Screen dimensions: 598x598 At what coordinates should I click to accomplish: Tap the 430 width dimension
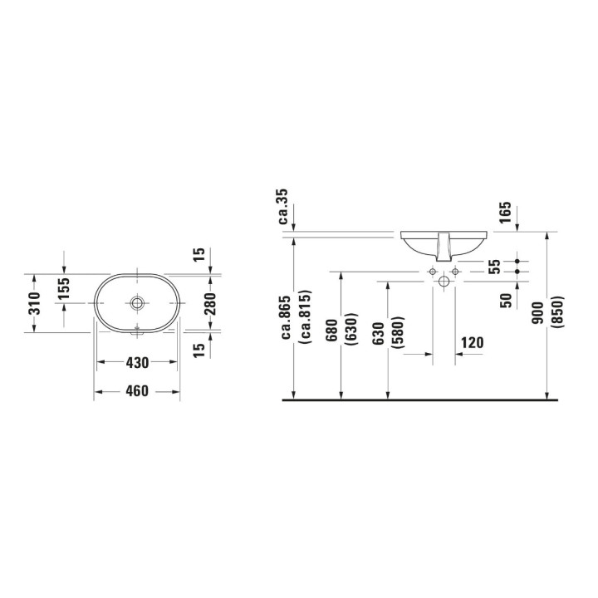pyautogui.click(x=137, y=363)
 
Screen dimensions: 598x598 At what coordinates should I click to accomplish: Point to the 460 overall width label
pyautogui.click(x=137, y=391)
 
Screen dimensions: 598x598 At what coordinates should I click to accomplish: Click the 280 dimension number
pyautogui.click(x=211, y=302)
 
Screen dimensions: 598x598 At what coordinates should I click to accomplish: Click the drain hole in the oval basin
pyautogui.click(x=138, y=303)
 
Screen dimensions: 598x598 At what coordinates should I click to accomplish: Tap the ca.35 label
pyautogui.click(x=283, y=207)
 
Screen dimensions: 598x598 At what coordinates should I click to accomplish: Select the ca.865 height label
pyautogui.click(x=285, y=317)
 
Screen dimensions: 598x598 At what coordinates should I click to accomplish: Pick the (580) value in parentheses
pyautogui.click(x=399, y=331)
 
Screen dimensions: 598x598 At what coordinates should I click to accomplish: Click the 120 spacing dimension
pyautogui.click(x=471, y=342)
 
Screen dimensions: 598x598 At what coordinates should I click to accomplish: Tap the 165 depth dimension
pyautogui.click(x=505, y=213)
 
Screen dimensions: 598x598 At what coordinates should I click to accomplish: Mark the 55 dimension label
pyautogui.click(x=493, y=266)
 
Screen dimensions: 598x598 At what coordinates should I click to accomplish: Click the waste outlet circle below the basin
pyautogui.click(x=444, y=282)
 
